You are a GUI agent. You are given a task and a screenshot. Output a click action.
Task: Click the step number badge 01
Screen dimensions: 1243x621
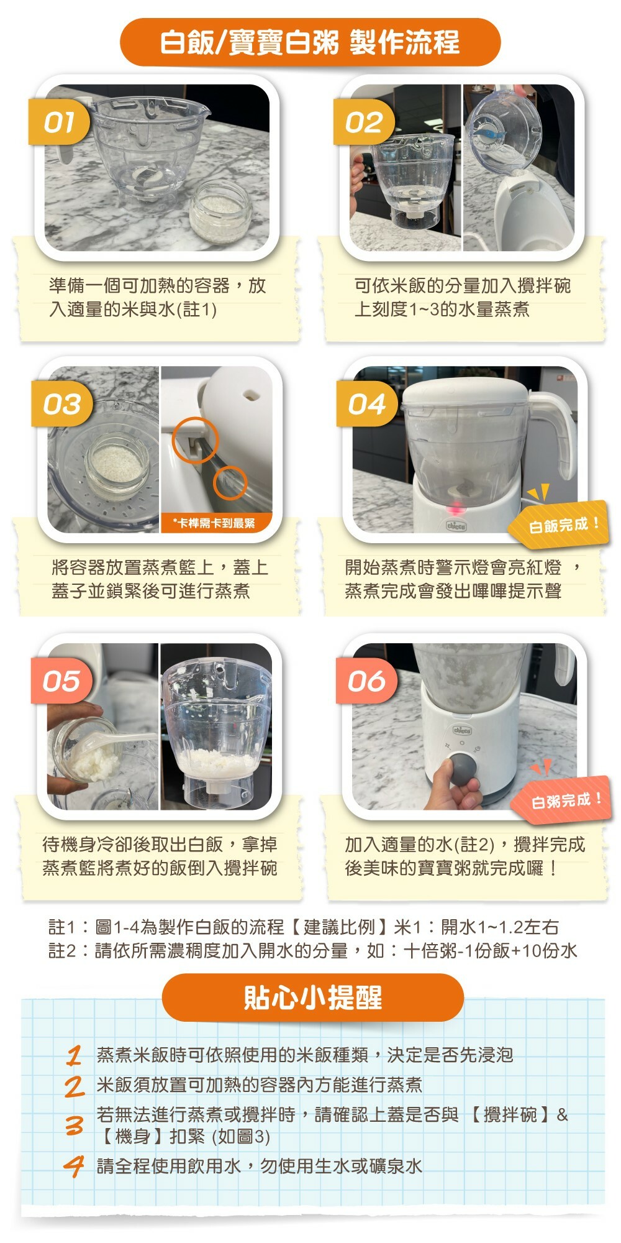60,122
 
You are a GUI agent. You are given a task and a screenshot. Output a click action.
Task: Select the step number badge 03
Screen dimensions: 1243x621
62,404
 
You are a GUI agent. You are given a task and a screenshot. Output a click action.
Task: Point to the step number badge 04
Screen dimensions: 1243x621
366,404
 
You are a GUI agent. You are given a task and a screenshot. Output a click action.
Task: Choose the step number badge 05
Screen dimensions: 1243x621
61,681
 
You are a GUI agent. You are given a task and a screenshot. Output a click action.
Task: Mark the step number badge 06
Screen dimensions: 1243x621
366,681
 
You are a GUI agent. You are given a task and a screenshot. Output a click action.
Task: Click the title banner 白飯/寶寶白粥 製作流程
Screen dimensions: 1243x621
310,42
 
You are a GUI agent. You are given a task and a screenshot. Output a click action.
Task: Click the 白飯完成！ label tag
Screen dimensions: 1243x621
562,525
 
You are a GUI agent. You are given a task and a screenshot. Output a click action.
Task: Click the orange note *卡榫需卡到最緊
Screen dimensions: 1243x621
214,523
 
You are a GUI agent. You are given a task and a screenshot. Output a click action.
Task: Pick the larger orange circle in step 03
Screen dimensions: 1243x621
196,439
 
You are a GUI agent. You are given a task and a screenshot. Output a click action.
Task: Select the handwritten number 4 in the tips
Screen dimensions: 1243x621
74,1165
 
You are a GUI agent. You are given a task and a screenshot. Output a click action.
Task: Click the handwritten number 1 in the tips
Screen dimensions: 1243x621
75,1055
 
